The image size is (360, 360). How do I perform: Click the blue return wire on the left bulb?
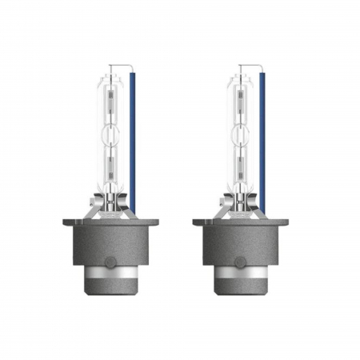pyautogui.click(x=134, y=144)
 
